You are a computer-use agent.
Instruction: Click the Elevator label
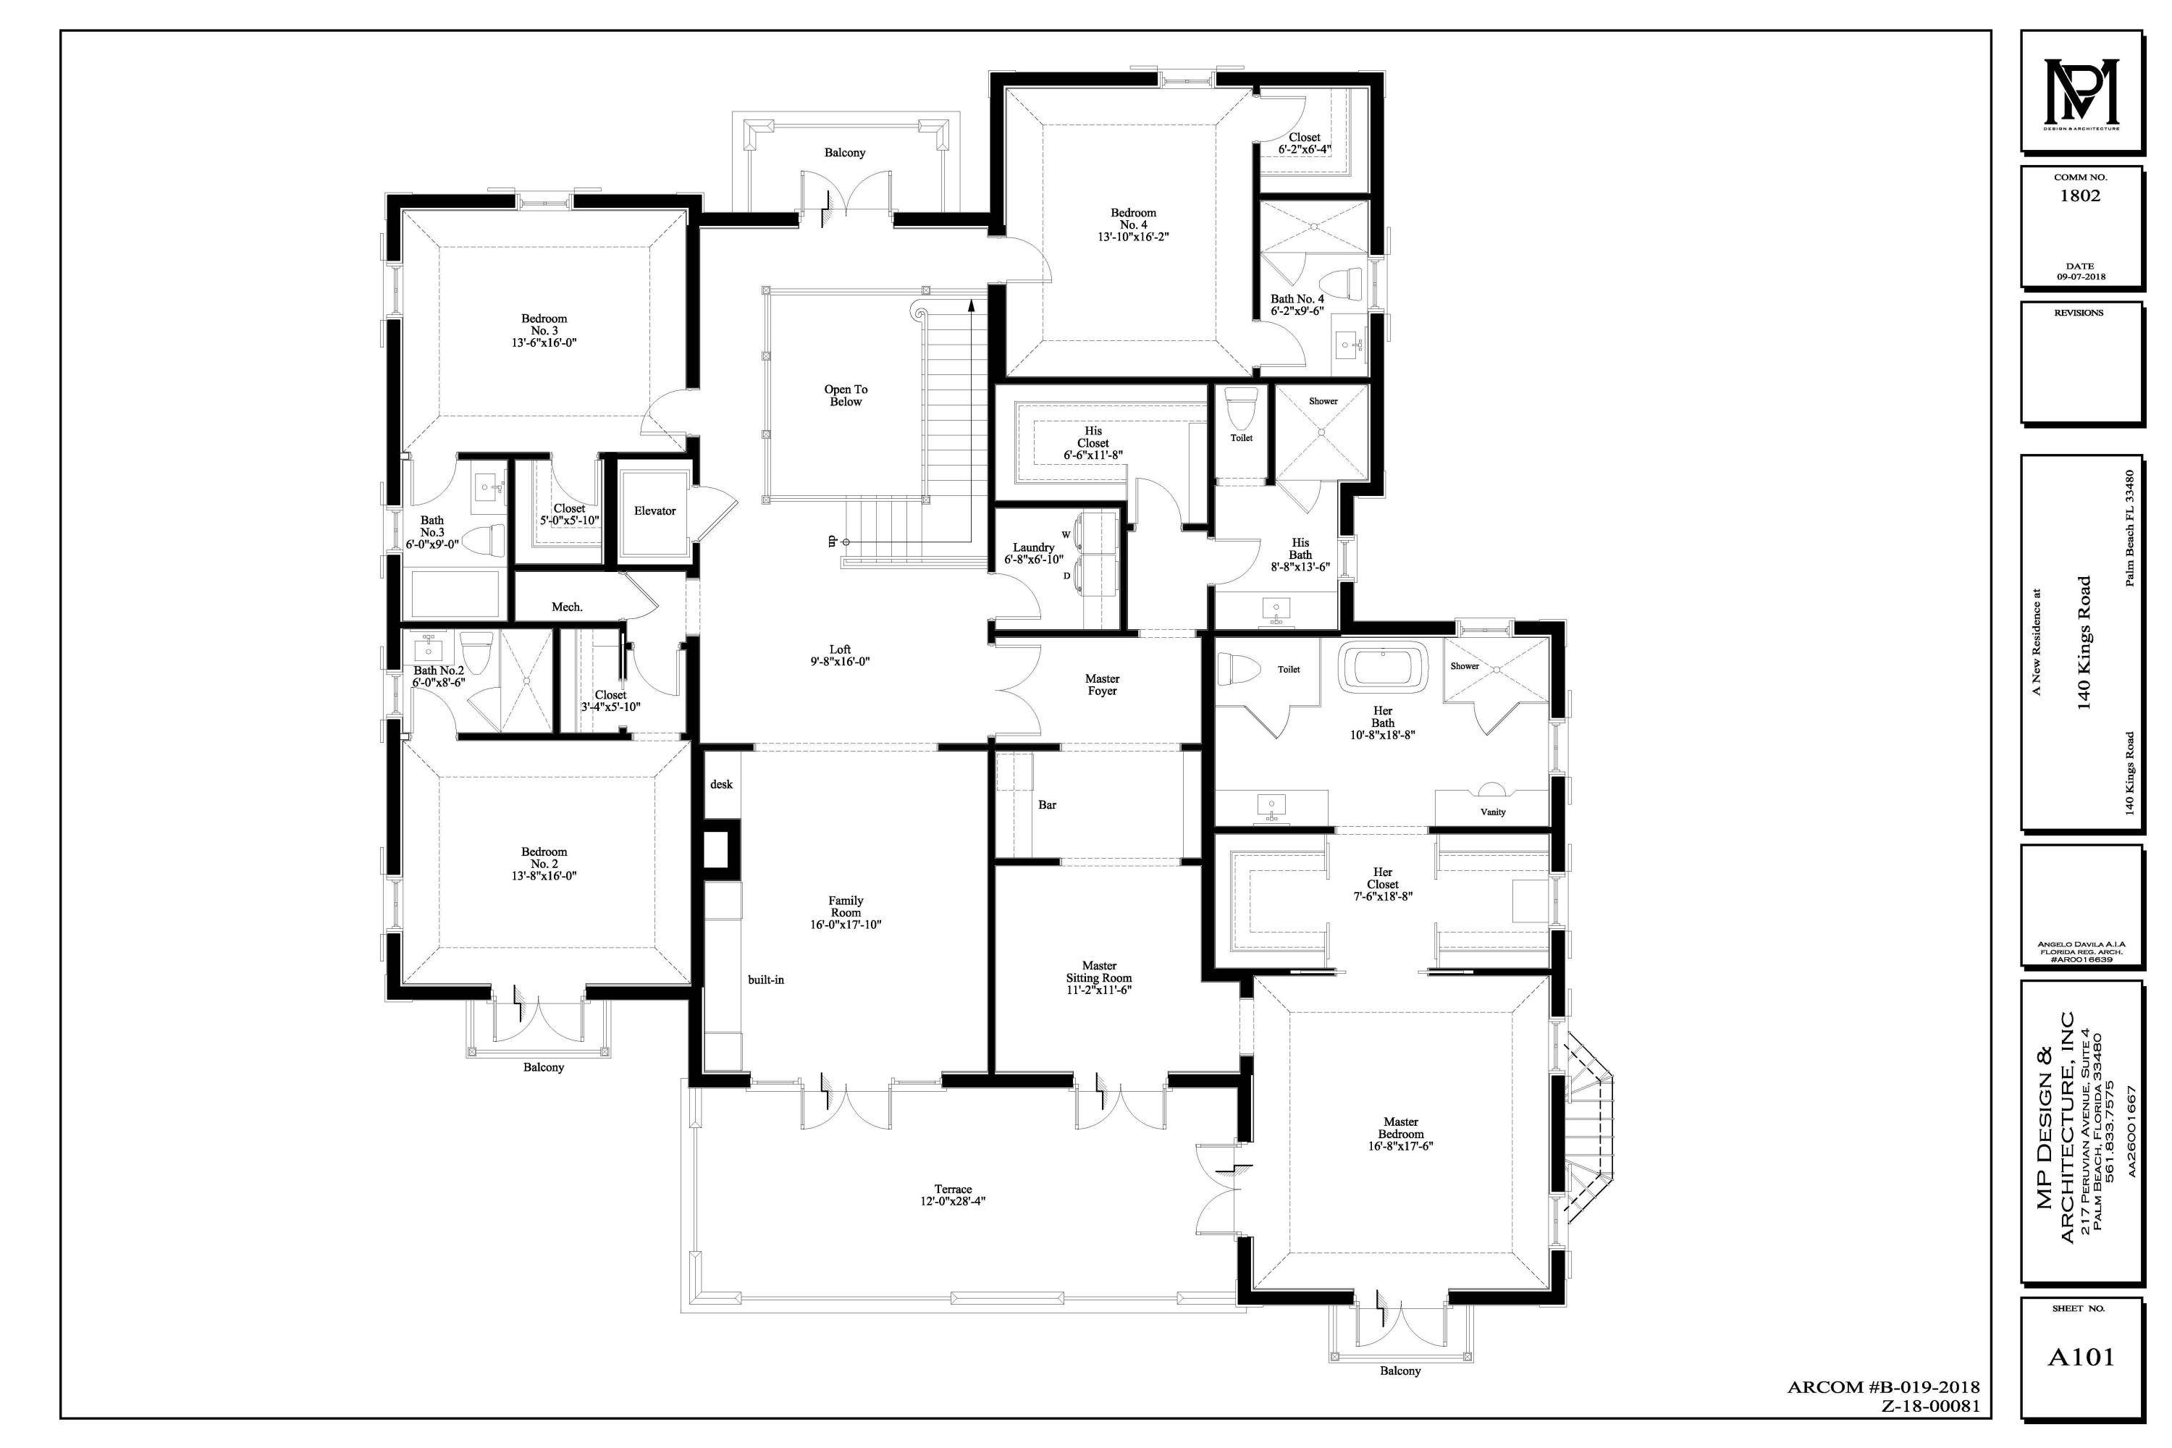point(654,510)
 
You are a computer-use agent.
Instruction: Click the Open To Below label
point(845,395)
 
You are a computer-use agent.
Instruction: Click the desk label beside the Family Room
point(721,784)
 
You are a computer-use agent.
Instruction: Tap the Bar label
point(1047,805)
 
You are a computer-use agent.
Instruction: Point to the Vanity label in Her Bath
point(1492,812)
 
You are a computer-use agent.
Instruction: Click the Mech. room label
point(567,607)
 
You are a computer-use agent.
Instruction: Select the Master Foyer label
point(1102,684)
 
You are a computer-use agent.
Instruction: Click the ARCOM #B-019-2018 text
point(1883,1388)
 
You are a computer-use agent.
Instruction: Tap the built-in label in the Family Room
point(765,980)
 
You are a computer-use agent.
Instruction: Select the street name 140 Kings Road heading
point(2084,641)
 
